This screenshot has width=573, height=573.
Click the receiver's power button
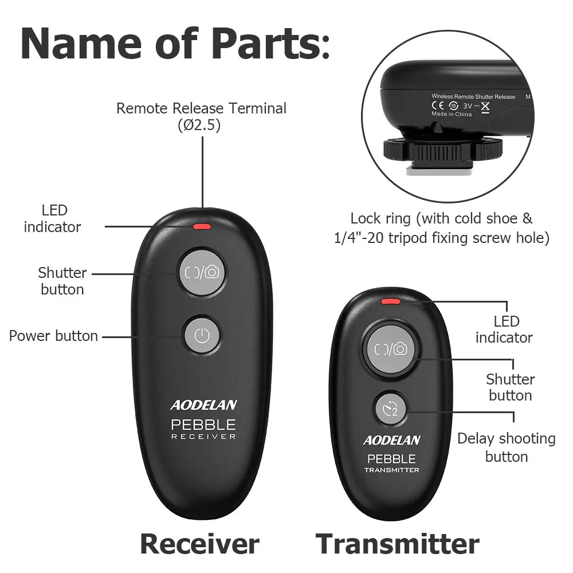point(201,336)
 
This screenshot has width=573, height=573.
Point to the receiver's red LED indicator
point(202,226)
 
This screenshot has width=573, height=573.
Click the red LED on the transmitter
point(391,300)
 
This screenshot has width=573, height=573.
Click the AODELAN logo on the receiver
point(203,405)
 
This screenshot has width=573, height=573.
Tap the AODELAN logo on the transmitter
point(391,441)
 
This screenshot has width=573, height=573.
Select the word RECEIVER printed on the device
point(203,437)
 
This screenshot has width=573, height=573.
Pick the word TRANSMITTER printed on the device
point(391,470)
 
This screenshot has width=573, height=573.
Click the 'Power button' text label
point(53,336)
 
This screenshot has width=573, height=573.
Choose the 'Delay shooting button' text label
point(507,448)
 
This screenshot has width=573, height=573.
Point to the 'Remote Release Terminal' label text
point(201,108)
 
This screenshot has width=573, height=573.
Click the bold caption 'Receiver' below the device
point(199,543)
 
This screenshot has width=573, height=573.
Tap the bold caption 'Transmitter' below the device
point(397,543)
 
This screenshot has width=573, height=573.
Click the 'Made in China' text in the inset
point(452,114)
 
